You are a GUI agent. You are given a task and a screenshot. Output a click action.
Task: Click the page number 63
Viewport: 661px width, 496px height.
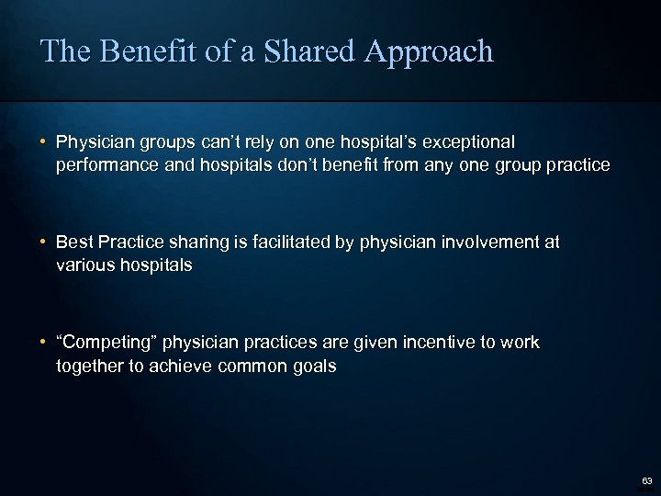(647, 481)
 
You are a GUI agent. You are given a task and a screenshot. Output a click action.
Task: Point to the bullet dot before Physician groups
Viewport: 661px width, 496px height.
(43, 143)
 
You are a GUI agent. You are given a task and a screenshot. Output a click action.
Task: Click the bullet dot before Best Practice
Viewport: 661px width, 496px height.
(43, 242)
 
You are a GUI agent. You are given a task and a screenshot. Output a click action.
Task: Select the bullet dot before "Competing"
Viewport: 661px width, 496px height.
(43, 343)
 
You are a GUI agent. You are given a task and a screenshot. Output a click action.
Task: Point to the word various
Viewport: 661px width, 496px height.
(84, 265)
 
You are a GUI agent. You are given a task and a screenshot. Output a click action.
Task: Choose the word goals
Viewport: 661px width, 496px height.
(315, 366)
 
